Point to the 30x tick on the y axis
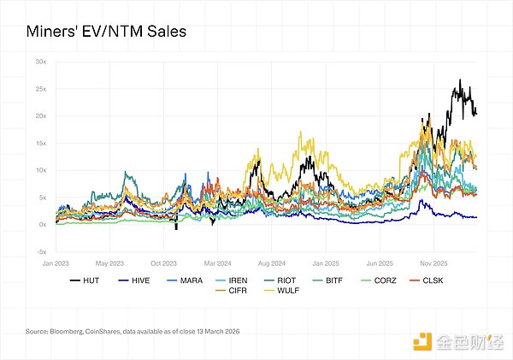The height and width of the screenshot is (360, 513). (40, 62)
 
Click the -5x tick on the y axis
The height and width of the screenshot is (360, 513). (40, 251)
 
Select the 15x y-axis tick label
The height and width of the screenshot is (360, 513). (40, 143)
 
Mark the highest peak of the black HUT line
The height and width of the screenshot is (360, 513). (460, 80)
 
